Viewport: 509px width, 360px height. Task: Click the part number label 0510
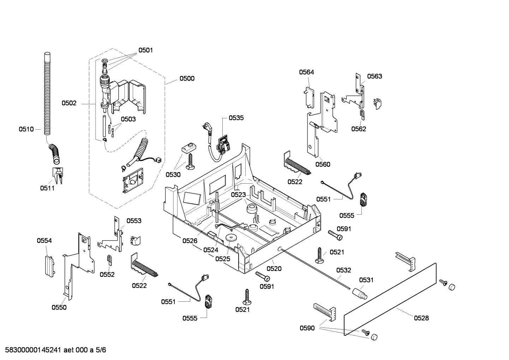tap(26, 129)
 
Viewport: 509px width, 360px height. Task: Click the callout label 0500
tap(187, 78)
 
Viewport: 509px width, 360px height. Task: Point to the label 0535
tap(236, 118)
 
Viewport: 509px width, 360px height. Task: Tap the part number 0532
tap(343, 270)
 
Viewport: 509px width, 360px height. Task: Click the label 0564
tap(306, 72)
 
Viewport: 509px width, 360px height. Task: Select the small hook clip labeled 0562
tap(362, 114)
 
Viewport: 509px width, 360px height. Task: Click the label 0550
tap(59, 307)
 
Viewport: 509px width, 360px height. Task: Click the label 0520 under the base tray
tap(274, 269)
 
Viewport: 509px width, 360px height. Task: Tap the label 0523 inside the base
tap(238, 195)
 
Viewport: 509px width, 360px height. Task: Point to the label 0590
tap(307, 328)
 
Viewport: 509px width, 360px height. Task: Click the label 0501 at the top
tap(145, 50)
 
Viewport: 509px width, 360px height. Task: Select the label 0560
tap(323, 164)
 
